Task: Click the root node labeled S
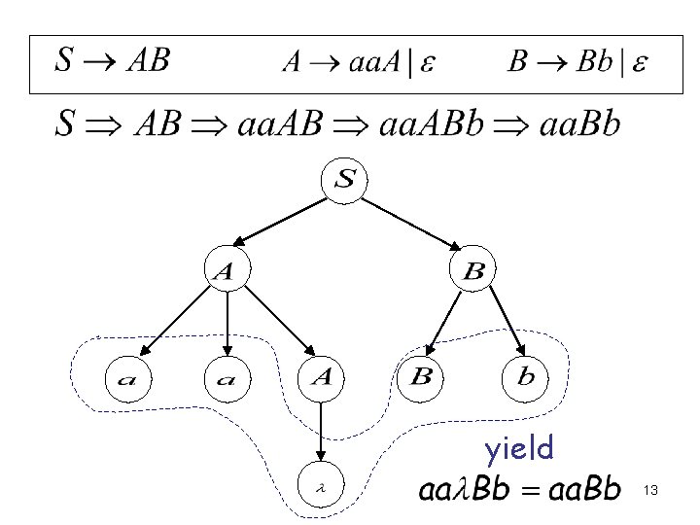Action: (346, 181)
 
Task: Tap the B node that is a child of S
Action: (473, 273)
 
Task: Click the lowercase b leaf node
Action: (525, 377)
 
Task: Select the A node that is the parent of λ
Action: (322, 377)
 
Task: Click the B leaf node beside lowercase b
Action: (421, 377)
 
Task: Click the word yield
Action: (519, 448)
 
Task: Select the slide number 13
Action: (651, 493)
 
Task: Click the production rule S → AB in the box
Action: (112, 63)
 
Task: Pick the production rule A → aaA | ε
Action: (359, 64)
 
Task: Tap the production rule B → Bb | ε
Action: (580, 64)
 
